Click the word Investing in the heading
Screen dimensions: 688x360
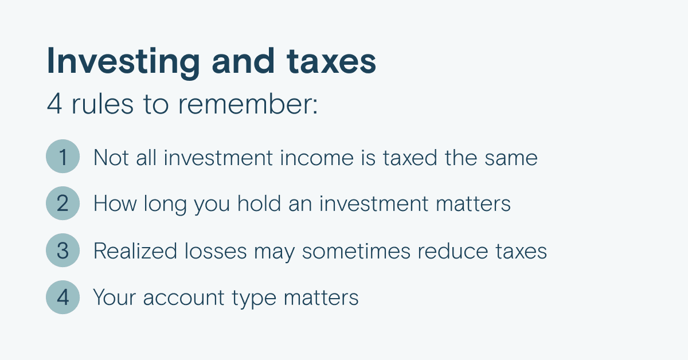click(x=123, y=62)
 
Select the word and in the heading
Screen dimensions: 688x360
click(x=243, y=61)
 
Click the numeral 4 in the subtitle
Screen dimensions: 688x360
click(x=54, y=104)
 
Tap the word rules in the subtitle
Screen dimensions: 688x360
click(x=103, y=104)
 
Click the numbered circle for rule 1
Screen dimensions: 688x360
click(x=62, y=156)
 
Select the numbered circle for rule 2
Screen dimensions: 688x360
click(x=62, y=204)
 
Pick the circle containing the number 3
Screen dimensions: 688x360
click(x=62, y=251)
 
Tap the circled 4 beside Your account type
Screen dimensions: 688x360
click(x=62, y=298)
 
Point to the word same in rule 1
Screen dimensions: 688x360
click(x=511, y=158)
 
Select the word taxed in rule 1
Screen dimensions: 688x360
click(x=410, y=158)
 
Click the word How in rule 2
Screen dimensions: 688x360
click(x=115, y=204)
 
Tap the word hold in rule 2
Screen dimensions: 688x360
click(x=259, y=204)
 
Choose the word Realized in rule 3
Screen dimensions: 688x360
click(x=135, y=251)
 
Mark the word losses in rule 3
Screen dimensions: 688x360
click(x=216, y=251)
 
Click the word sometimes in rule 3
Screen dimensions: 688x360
click(x=356, y=251)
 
